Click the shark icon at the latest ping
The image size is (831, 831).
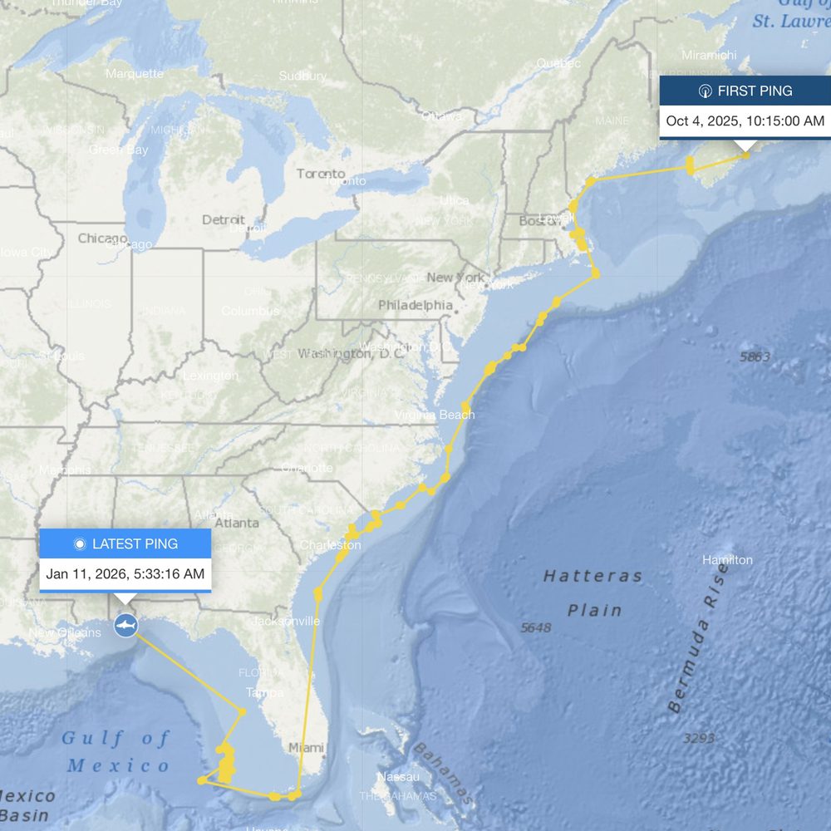(125, 624)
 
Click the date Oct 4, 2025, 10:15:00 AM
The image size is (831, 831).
(745, 121)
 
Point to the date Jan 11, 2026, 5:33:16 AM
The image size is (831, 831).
(125, 573)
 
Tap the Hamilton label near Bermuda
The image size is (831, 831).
(727, 560)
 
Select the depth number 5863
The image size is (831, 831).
(755, 357)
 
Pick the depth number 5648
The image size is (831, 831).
(535, 627)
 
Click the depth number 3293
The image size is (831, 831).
(698, 738)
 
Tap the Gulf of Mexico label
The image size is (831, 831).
(116, 751)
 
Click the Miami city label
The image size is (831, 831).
(306, 748)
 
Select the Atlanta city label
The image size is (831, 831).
(236, 524)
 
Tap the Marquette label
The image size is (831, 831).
(135, 74)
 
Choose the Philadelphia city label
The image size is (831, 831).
(415, 305)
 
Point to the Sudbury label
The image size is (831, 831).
(302, 76)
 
